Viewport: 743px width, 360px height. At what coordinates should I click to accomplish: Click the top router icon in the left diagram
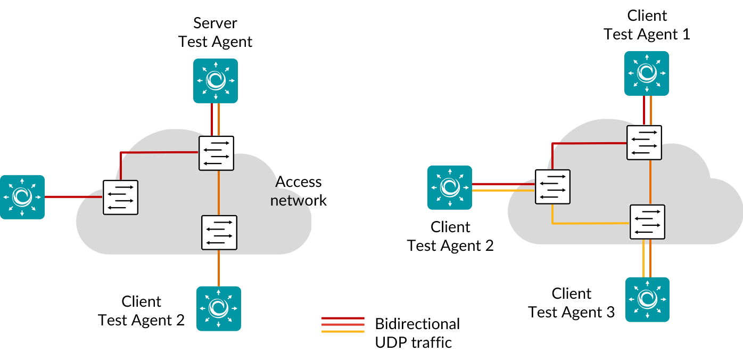(216, 80)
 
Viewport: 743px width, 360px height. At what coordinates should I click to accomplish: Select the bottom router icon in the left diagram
(219, 308)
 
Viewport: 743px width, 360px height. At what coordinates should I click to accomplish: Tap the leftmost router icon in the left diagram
(22, 197)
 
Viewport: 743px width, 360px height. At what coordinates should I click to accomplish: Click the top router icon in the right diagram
(647, 73)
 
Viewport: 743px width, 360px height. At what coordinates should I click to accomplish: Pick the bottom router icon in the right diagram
(647, 299)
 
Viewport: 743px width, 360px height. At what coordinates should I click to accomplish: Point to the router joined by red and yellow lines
(450, 187)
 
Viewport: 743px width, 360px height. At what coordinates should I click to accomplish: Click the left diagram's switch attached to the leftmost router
(120, 197)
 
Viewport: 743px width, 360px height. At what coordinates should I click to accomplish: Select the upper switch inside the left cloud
(216, 153)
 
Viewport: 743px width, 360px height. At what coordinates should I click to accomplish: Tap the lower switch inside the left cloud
(219, 232)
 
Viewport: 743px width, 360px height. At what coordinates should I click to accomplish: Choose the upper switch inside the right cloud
(644, 143)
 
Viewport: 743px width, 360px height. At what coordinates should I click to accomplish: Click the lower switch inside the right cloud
(647, 222)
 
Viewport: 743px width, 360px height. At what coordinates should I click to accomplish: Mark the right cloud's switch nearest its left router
(552, 186)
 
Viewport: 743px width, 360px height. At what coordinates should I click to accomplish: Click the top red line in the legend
(343, 318)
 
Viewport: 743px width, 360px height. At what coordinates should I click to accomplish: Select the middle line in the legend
(343, 324)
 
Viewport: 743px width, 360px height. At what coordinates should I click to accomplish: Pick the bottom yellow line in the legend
(343, 331)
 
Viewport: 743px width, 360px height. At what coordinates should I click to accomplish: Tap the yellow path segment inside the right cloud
(591, 223)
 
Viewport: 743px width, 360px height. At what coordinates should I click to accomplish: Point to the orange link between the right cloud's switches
(650, 182)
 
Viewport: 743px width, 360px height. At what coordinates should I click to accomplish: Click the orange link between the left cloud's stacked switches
(219, 193)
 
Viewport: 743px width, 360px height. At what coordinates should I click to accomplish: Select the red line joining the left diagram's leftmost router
(73, 197)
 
